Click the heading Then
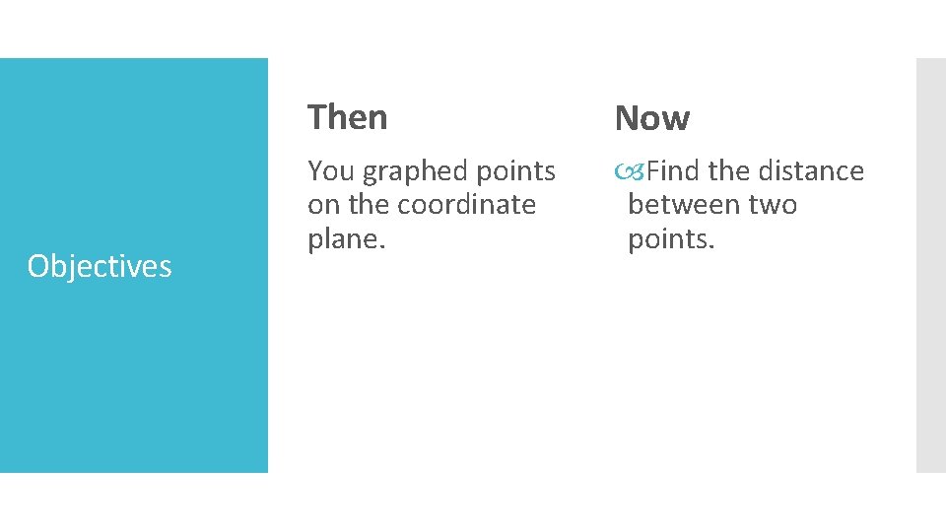(347, 117)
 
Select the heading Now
(651, 118)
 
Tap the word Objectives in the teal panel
(100, 266)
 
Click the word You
(330, 171)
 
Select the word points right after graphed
(516, 172)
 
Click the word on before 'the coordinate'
(322, 205)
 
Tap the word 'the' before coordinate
(364, 205)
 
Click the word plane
(343, 239)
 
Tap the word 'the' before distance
(729, 171)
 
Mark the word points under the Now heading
(670, 239)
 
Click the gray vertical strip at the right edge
(930, 265)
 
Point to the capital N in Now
(626, 118)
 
